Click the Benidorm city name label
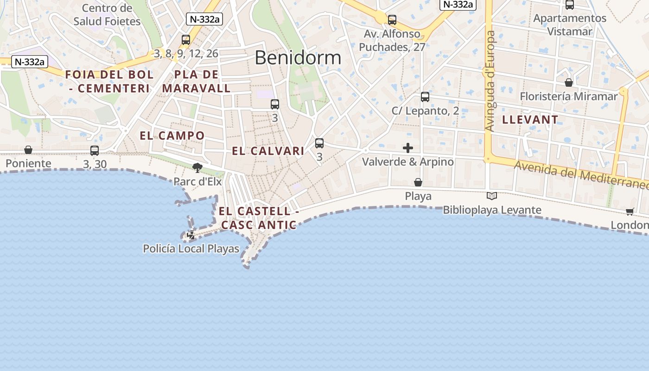[x=298, y=58]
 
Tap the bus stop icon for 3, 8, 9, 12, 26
[x=186, y=40]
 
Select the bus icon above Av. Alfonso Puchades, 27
[x=392, y=20]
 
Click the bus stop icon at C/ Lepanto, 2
[x=425, y=97]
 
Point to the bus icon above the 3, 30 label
[x=95, y=151]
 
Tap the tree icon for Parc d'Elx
[x=197, y=167]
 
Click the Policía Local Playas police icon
[x=191, y=235]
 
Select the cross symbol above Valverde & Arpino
[x=408, y=148]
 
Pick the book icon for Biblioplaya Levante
[x=492, y=196]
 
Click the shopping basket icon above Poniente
[x=28, y=150]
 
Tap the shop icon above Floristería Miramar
[x=569, y=83]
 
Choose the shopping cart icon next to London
[x=630, y=211]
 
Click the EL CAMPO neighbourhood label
[x=172, y=135]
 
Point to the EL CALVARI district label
[x=268, y=151]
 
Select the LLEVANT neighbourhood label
[x=530, y=120]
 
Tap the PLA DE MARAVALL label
[x=197, y=81]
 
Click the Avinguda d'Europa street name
[x=490, y=81]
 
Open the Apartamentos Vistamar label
[x=570, y=25]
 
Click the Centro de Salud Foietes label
[x=107, y=14]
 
